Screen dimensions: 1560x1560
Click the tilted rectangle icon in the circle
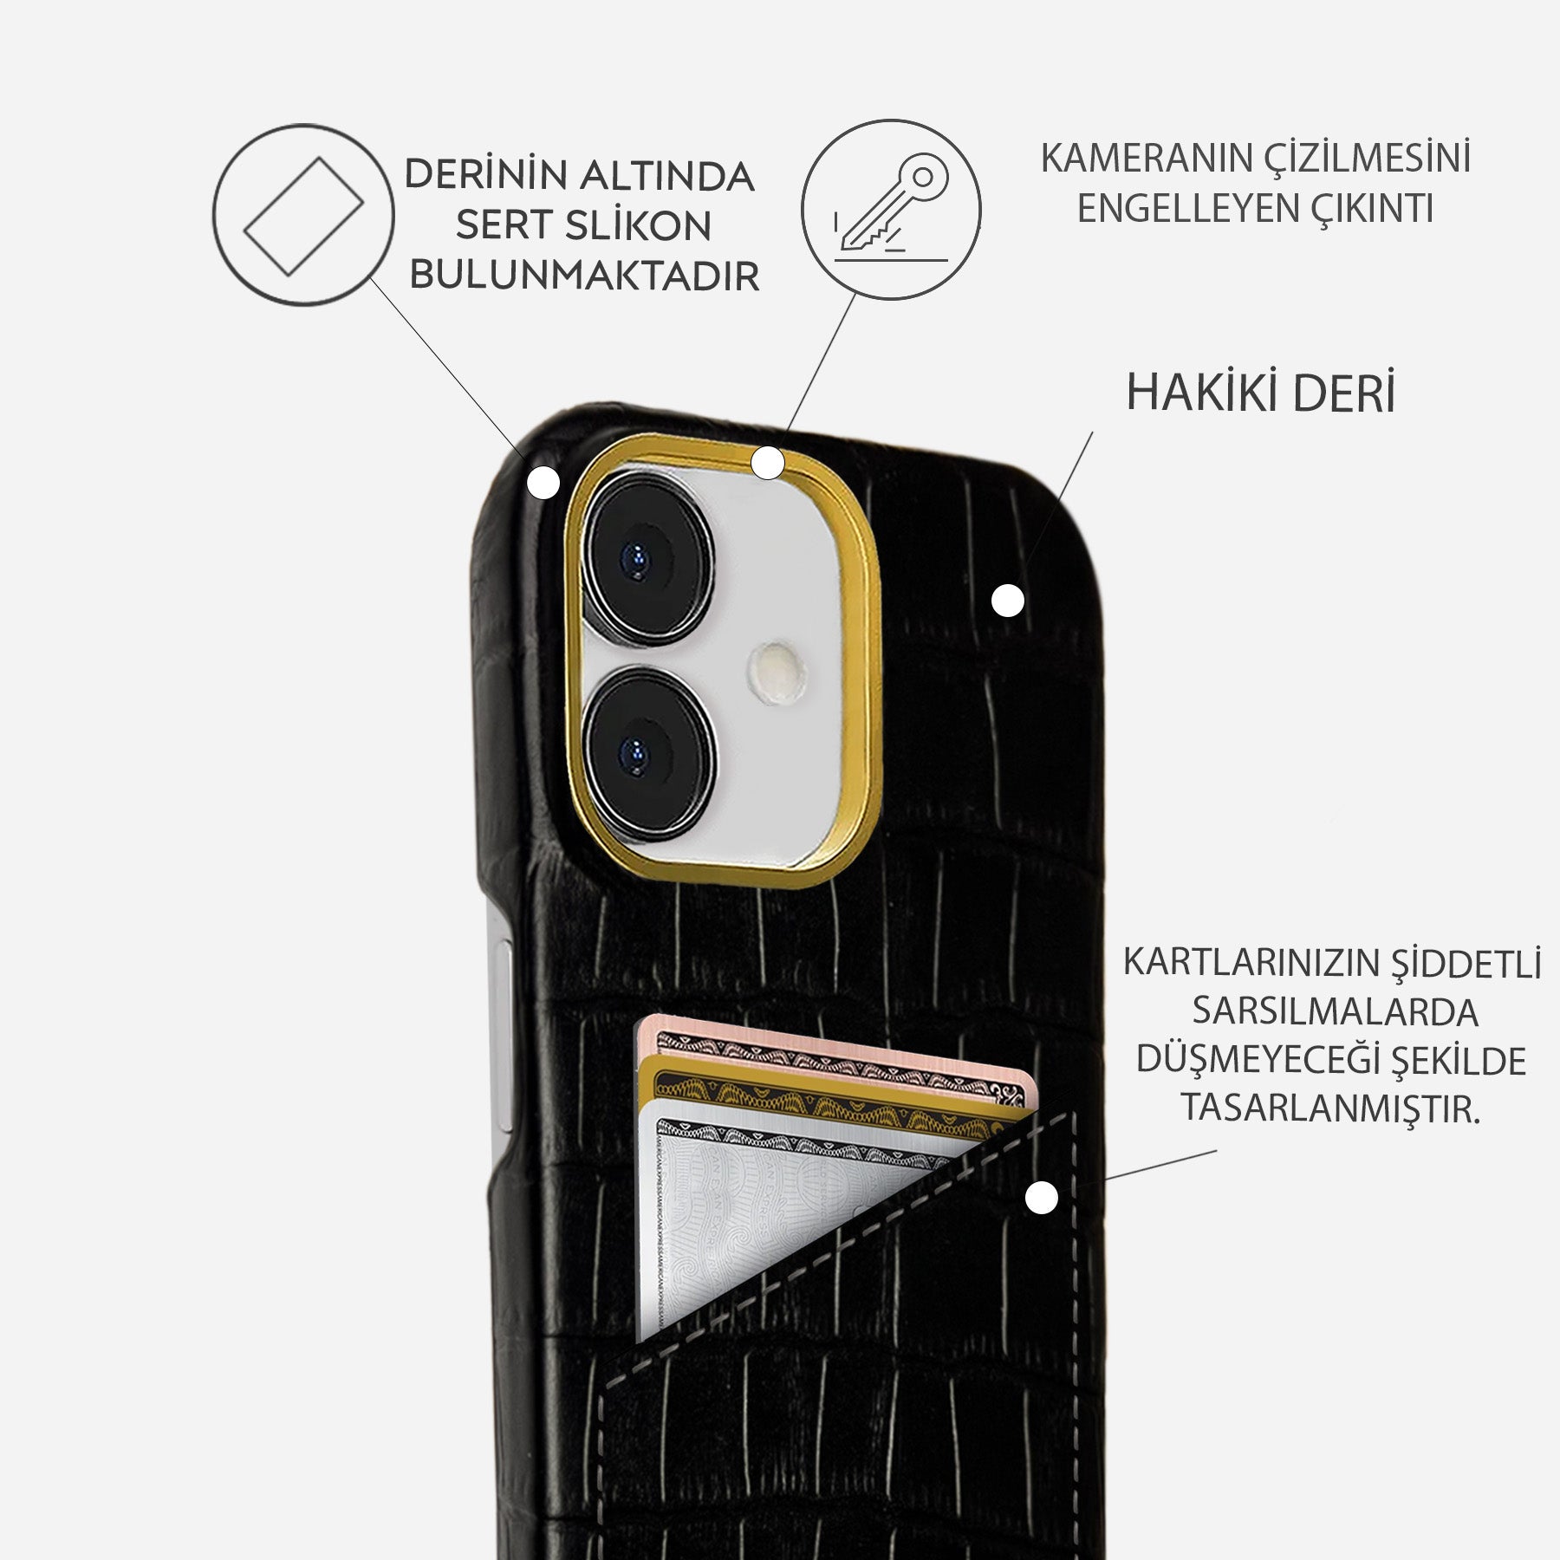(x=303, y=215)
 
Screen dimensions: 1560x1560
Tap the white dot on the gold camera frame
(x=768, y=463)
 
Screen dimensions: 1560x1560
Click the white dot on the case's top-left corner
(x=544, y=482)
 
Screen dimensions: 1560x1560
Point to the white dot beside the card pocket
(x=1041, y=1199)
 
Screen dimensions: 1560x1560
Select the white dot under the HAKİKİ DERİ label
(x=1007, y=600)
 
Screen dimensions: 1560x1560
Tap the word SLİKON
(x=638, y=226)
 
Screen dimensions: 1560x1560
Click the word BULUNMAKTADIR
(x=584, y=276)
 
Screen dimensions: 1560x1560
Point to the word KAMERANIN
(x=1146, y=159)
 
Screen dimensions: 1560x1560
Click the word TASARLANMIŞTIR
(x=1330, y=1108)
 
